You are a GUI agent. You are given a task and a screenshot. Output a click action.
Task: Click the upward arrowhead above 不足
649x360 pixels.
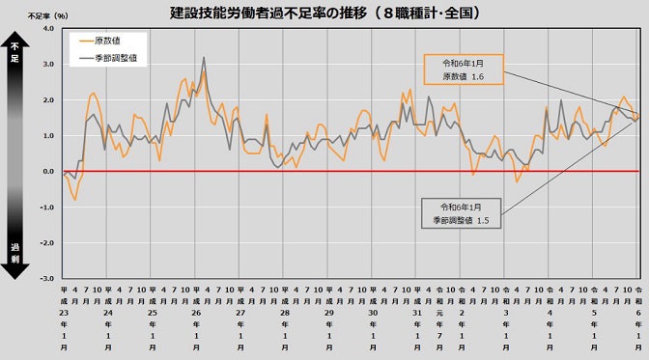14,42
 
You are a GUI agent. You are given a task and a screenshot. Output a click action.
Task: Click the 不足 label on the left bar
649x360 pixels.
14,58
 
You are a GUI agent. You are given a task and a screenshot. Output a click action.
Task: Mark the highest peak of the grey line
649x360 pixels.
204,58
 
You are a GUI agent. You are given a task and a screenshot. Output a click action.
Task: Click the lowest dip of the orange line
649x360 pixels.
75,200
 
